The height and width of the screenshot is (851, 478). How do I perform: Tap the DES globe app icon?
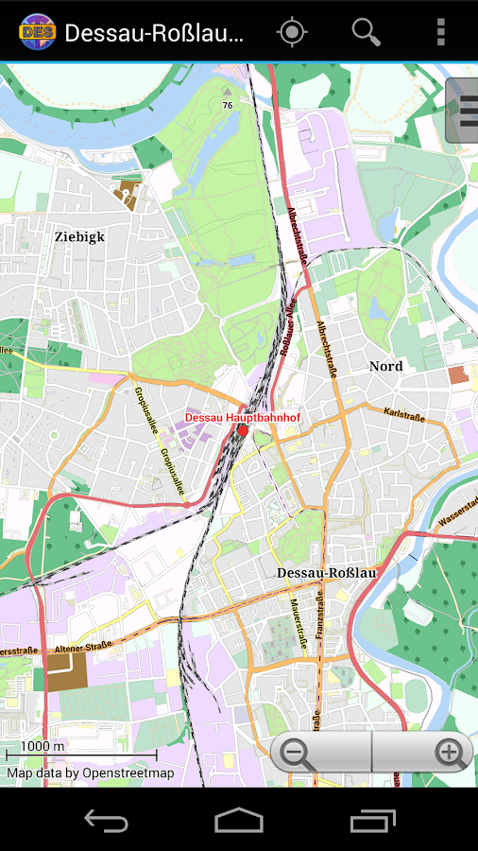pyautogui.click(x=36, y=32)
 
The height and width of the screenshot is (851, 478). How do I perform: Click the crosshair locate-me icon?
pyautogui.click(x=292, y=32)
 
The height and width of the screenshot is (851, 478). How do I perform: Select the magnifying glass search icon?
pyautogui.click(x=366, y=32)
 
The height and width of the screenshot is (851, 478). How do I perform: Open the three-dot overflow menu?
pyautogui.click(x=440, y=32)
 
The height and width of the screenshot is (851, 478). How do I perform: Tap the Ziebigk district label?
pyautogui.click(x=79, y=236)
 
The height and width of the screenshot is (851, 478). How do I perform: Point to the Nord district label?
pyautogui.click(x=385, y=366)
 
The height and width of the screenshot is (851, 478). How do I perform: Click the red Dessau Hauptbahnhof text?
pyautogui.click(x=242, y=417)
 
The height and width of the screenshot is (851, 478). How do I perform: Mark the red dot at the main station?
pyautogui.click(x=243, y=430)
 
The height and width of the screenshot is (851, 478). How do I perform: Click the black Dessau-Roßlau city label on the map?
pyautogui.click(x=327, y=573)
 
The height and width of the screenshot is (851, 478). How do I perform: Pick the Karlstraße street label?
pyautogui.click(x=404, y=414)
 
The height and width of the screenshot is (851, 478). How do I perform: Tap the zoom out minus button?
pyautogui.click(x=299, y=754)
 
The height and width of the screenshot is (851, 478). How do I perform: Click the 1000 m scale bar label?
pyautogui.click(x=43, y=746)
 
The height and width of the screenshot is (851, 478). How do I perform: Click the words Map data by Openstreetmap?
pyautogui.click(x=91, y=773)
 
